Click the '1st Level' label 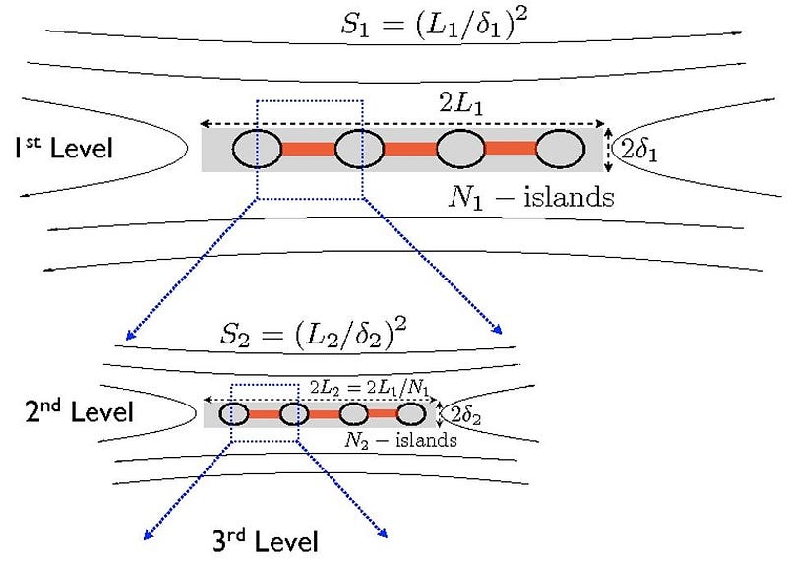coord(64,150)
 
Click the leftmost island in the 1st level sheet coord(258,150)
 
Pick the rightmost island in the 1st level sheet coord(562,150)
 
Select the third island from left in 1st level coord(460,150)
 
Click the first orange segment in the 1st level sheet coord(309,150)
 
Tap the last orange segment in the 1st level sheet coord(512,150)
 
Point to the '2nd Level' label coord(79,411)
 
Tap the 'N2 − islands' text coord(400,441)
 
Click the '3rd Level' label coord(266,540)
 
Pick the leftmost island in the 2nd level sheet coord(233,414)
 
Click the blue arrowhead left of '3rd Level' coord(149,534)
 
